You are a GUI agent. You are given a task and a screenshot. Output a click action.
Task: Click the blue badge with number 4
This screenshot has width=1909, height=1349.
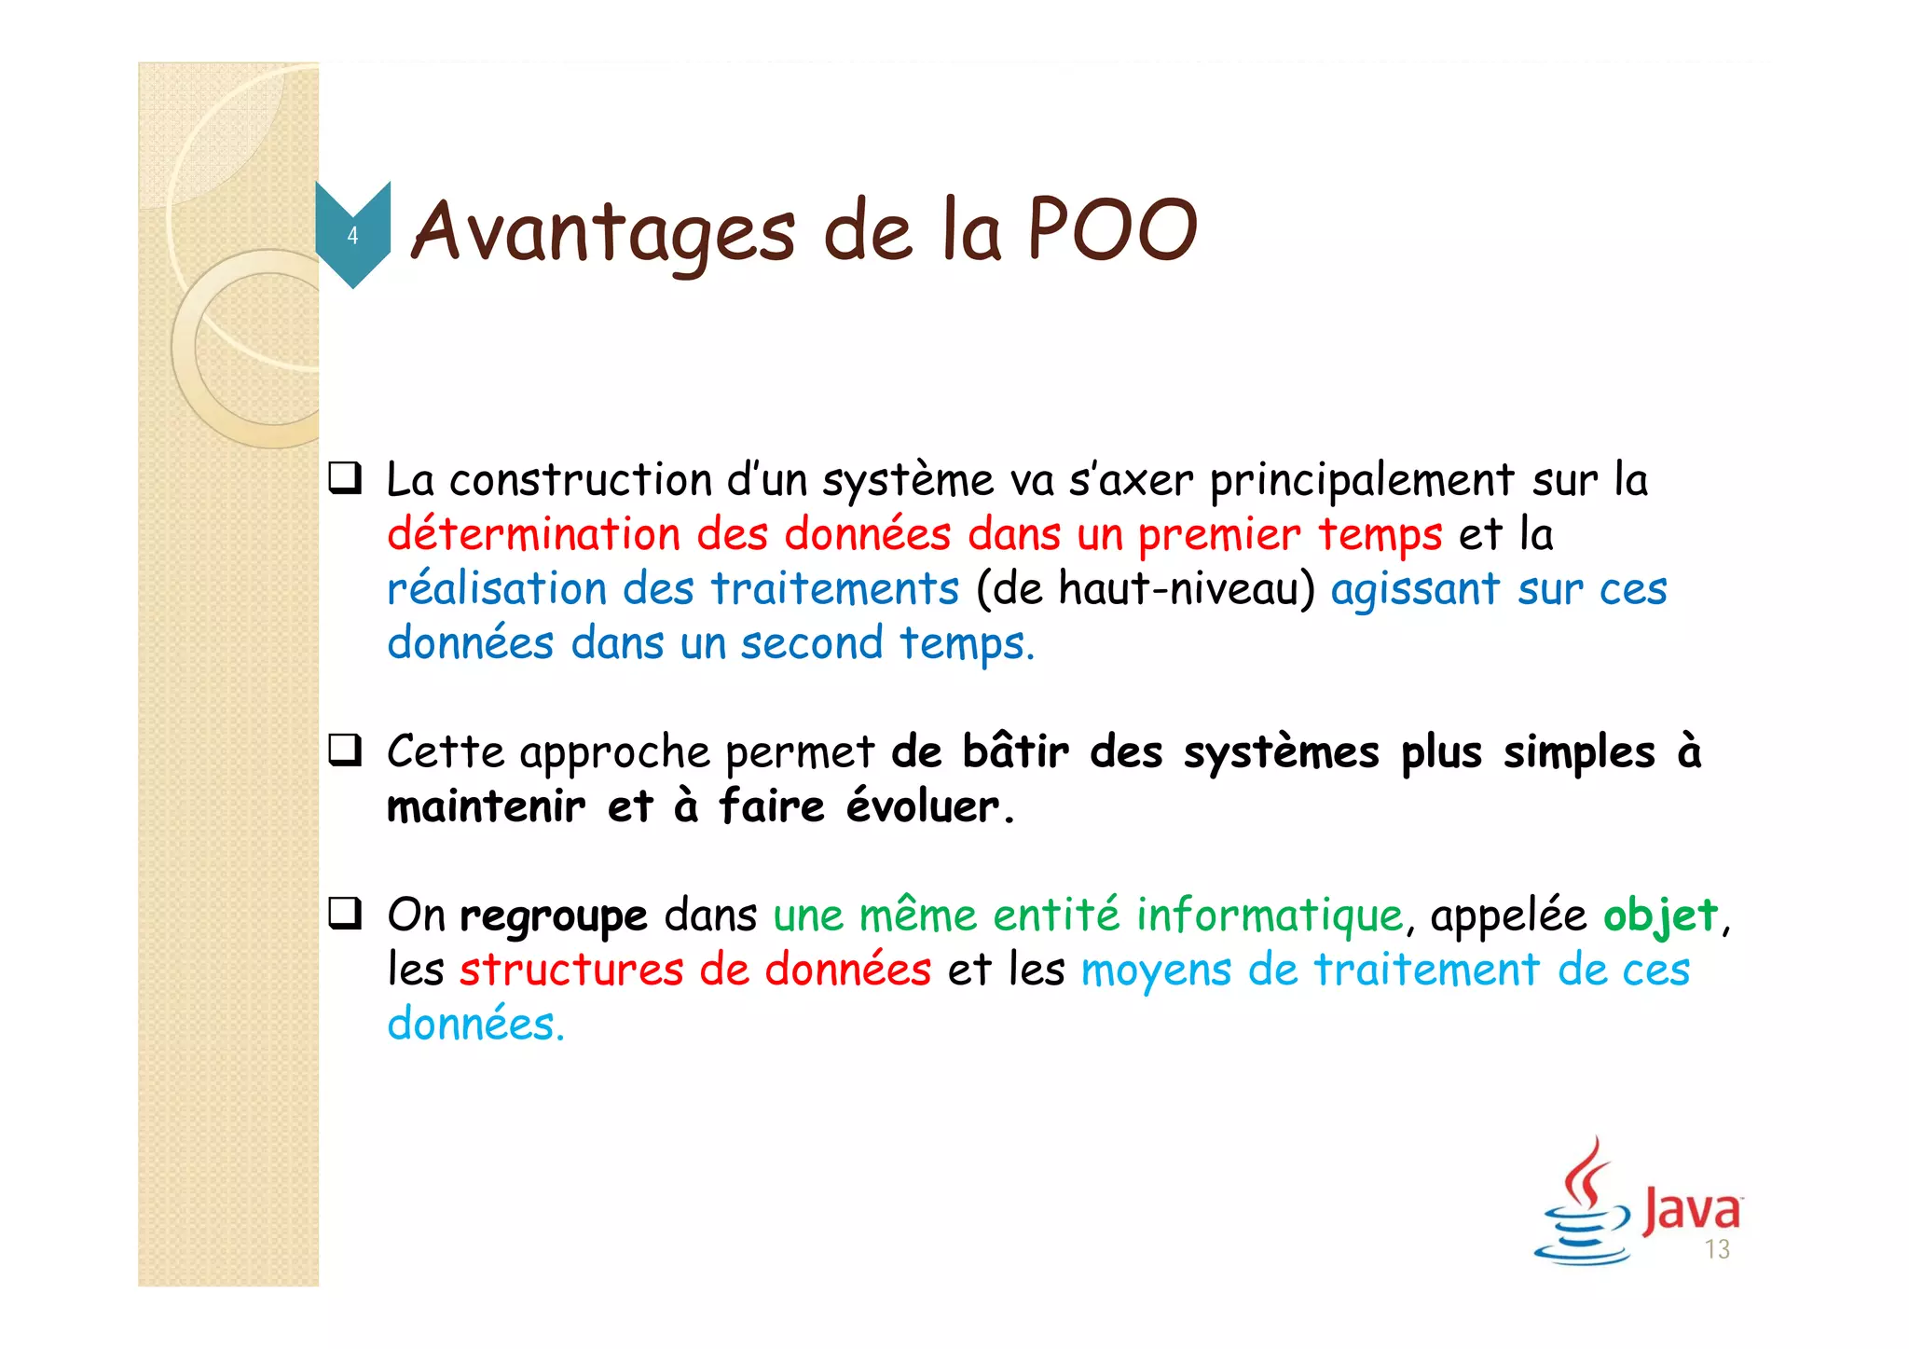(352, 234)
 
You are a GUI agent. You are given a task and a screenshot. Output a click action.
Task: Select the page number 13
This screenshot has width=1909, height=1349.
(1717, 1249)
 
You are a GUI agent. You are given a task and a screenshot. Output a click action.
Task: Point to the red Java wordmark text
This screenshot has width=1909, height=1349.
(1691, 1210)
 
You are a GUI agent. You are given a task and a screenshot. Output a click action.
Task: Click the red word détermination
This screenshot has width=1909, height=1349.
(533, 535)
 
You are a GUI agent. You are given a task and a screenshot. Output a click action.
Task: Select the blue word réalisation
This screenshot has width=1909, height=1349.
(497, 589)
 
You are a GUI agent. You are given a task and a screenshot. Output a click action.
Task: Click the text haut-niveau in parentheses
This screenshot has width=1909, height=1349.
(1178, 589)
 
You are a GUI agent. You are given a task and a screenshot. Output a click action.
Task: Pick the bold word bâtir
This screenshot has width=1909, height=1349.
(1015, 751)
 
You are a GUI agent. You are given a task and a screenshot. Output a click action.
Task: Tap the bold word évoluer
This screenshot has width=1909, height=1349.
(923, 806)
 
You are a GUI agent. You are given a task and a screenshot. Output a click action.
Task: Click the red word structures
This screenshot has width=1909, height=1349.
(571, 970)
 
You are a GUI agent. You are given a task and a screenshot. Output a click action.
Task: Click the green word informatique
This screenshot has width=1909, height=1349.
(1270, 915)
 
